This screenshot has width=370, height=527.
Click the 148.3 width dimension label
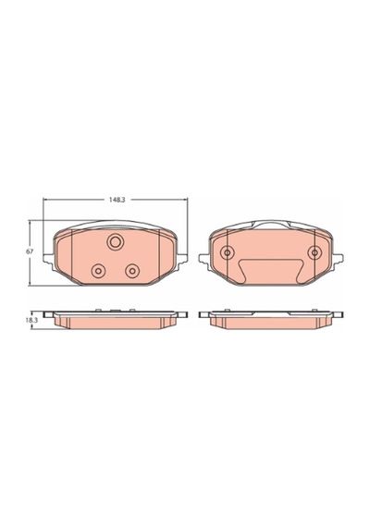click(x=117, y=200)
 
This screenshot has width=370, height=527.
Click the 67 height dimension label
click(x=30, y=251)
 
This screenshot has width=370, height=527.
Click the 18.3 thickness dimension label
click(x=31, y=321)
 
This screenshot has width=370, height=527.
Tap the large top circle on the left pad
click(x=116, y=242)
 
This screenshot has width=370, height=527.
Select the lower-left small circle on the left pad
click(x=99, y=270)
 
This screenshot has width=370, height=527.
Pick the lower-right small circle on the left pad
click(x=132, y=270)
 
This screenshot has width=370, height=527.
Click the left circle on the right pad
click(x=228, y=252)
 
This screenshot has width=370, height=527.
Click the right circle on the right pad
click(x=314, y=252)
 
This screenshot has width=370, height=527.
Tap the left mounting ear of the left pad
click(x=48, y=258)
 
